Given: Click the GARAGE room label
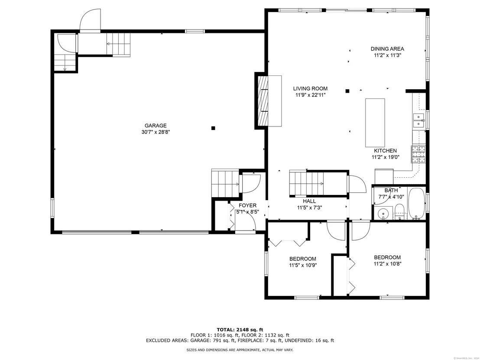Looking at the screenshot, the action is pos(156,126).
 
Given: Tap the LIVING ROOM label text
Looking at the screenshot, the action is pos(310,88).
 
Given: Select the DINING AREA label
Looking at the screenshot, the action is pos(387,49).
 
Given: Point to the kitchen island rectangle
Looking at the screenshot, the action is pos(375,123).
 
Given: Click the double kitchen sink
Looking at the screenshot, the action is pos(418,120).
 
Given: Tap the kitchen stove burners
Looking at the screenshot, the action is pos(418,154).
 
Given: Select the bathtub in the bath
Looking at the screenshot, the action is pos(416,204).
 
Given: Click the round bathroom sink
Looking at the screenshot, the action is pos(383,213).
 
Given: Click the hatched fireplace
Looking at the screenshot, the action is pos(263,101).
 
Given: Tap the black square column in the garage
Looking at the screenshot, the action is pos(213,128).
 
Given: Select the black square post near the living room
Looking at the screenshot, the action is pos(347,91).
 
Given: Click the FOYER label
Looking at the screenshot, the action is pos(247,205).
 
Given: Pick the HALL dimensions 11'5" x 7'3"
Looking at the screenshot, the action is pos(309,208).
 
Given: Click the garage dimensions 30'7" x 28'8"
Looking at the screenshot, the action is pos(156,132).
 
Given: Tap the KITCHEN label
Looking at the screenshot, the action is pos(385,151).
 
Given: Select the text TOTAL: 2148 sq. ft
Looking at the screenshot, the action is pos(240,330).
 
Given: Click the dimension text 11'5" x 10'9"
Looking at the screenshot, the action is pos(303,266).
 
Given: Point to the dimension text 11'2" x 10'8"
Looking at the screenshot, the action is pos(387,264).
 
